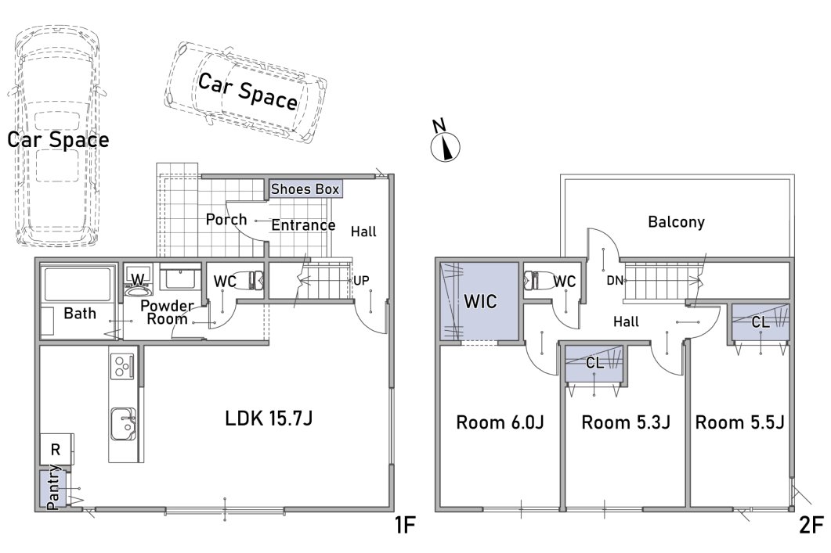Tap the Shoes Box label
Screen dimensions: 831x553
click(x=305, y=189)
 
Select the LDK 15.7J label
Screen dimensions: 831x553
click(x=269, y=418)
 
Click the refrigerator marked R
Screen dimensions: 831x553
click(x=56, y=449)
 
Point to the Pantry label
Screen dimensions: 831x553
click(x=53, y=487)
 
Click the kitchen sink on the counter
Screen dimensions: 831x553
click(x=123, y=423)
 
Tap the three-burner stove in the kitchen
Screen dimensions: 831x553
click(x=122, y=365)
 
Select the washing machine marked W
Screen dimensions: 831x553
click(x=138, y=280)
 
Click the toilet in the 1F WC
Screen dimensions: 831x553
click(x=250, y=281)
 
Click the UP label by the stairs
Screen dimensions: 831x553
click(x=361, y=281)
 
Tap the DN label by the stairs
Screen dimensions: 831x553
click(x=615, y=281)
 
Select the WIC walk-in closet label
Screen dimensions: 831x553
click(x=480, y=302)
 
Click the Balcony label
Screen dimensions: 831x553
click(x=676, y=221)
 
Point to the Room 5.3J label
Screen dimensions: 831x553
click(x=626, y=422)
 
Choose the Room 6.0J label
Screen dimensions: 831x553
click(x=500, y=422)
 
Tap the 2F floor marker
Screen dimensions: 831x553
click(x=811, y=525)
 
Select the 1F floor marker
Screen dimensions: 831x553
click(x=404, y=525)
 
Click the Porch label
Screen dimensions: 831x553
click(x=226, y=220)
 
